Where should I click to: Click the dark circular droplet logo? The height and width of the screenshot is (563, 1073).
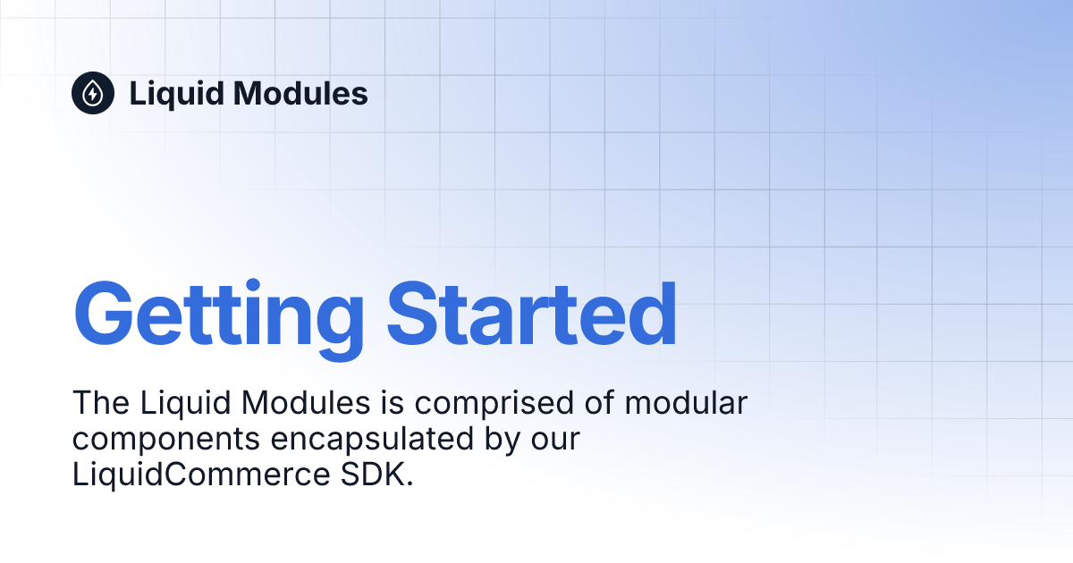93,93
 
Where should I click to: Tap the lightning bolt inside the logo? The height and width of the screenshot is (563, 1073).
93,94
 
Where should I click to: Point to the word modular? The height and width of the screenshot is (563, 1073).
686,403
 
